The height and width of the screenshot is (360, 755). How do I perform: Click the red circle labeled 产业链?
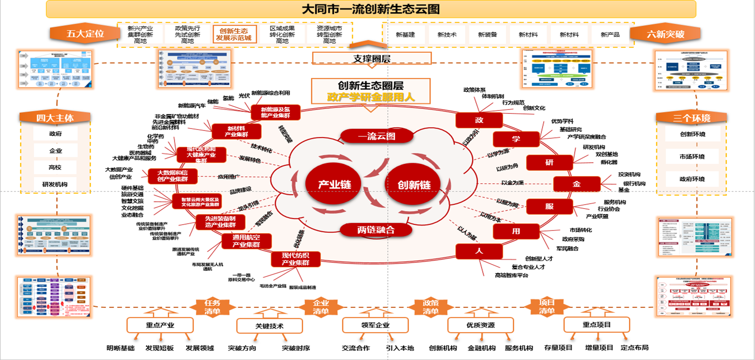(x=334, y=184)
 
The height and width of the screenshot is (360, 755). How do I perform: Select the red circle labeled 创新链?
(x=413, y=184)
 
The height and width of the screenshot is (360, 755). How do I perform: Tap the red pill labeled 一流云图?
(x=376, y=136)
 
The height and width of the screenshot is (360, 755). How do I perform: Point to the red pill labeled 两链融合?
(x=376, y=230)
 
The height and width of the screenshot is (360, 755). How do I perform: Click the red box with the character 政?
(x=479, y=120)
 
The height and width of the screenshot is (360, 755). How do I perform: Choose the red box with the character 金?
(x=576, y=184)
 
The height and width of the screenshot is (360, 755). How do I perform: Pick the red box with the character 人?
(x=479, y=251)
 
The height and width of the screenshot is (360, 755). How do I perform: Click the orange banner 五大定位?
(x=85, y=34)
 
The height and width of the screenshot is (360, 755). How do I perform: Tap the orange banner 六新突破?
(x=665, y=34)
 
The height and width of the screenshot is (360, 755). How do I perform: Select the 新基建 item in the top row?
(x=405, y=35)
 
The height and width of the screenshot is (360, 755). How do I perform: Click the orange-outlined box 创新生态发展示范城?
(x=234, y=34)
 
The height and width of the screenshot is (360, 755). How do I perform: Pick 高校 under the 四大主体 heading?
(x=55, y=168)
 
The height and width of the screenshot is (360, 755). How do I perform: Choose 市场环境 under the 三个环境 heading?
(x=692, y=156)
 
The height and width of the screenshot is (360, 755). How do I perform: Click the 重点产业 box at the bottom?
(x=160, y=325)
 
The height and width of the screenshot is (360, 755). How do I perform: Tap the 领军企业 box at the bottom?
(x=375, y=325)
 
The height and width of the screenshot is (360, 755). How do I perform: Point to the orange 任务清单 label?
(x=212, y=307)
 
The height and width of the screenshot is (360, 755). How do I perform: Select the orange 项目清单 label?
(x=547, y=307)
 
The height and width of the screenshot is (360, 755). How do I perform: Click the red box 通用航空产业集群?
(x=246, y=241)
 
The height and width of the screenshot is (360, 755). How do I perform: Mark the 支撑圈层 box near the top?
(x=372, y=59)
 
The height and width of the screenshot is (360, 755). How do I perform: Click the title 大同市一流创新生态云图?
(x=371, y=9)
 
